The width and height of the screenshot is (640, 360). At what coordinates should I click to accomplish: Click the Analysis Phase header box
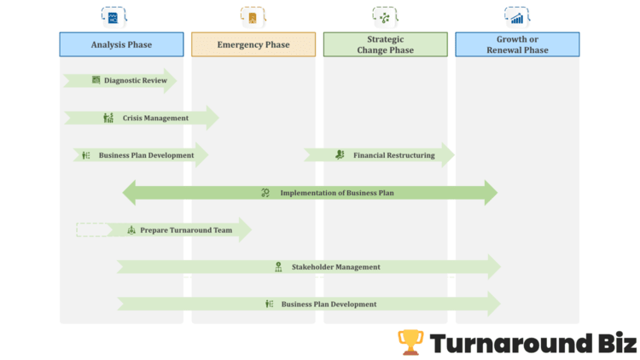pos(121,44)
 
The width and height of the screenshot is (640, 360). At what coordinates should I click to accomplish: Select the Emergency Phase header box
pos(253,44)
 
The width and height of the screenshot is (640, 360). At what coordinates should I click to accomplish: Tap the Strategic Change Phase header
pos(385,44)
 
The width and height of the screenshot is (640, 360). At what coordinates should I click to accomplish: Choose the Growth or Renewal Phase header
pos(517,44)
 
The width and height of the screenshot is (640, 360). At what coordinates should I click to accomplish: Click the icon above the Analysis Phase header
pos(111,16)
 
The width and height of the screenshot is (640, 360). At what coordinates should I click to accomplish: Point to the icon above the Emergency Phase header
pos(252,16)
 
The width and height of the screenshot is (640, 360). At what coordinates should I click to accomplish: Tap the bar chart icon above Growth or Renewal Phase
pos(516,16)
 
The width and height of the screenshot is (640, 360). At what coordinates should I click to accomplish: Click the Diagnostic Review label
pos(135,81)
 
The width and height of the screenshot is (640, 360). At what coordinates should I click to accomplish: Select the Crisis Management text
pos(155,118)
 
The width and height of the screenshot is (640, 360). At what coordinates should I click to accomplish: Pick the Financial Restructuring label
pos(393,155)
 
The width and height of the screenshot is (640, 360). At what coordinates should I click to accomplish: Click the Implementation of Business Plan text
pos(337,193)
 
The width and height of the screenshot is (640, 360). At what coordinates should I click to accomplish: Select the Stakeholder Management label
pos(335,267)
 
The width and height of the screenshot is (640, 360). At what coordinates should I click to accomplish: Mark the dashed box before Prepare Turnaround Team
pos(92,229)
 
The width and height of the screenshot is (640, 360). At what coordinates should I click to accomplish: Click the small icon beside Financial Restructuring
pos(340,155)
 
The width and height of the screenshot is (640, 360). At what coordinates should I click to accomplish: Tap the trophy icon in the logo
pos(410,343)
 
